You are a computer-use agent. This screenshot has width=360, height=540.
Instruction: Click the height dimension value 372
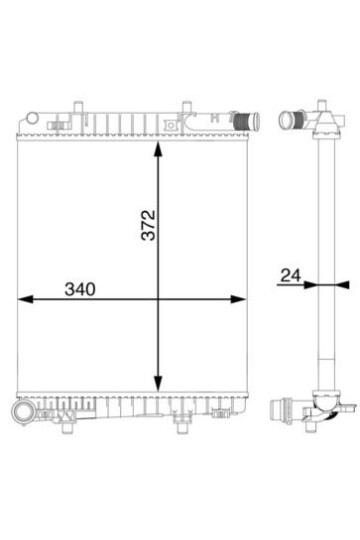coord(149,225)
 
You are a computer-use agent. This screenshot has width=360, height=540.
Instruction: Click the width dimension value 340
coord(80,289)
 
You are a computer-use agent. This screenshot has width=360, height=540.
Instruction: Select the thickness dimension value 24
coord(291,276)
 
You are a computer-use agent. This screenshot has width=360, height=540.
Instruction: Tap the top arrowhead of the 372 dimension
coord(158,149)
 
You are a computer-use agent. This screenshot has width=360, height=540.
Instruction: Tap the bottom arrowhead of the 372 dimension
coord(158,383)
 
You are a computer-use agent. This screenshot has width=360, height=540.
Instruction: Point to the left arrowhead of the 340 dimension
coord(25,299)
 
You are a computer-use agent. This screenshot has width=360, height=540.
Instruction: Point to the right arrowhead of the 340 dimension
coord(238,299)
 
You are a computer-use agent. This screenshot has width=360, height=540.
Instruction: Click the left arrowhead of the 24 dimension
coord(310,285)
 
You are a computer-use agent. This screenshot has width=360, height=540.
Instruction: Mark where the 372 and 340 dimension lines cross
coord(158,299)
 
